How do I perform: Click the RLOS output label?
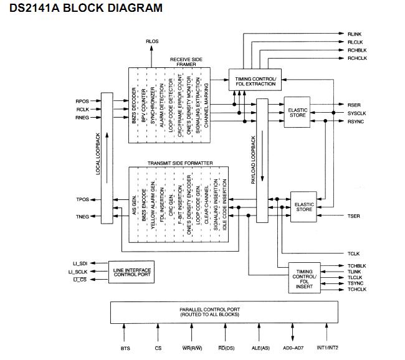point(152,41)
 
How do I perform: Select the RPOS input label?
point(82,101)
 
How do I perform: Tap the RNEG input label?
point(82,118)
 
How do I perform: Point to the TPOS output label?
point(82,200)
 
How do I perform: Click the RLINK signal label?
point(355,32)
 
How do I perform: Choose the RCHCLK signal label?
point(357,58)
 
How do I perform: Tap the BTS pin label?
point(125,348)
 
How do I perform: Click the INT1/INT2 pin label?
point(327,348)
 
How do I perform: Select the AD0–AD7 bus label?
point(293,348)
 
